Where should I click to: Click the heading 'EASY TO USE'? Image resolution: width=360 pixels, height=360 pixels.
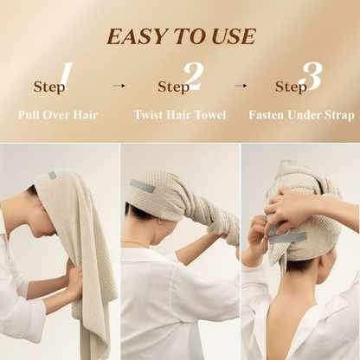[x=181, y=36]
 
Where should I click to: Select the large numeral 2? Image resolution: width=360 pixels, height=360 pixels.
[x=192, y=78]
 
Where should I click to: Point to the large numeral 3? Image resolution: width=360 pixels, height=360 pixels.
[x=309, y=78]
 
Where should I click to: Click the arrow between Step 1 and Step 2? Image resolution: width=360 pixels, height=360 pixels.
[x=119, y=86]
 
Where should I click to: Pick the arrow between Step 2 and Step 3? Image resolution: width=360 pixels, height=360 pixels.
[x=241, y=86]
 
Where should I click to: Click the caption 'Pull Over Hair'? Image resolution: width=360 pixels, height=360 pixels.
[x=58, y=114]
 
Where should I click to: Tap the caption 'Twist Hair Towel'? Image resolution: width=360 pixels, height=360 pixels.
[x=180, y=114]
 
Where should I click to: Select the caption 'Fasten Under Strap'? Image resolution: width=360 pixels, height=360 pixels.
[x=301, y=114]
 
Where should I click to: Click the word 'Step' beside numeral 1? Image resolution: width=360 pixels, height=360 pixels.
[x=48, y=87]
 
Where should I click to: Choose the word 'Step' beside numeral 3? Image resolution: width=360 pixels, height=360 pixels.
[x=291, y=87]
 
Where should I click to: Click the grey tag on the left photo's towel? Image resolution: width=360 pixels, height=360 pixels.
[x=52, y=176]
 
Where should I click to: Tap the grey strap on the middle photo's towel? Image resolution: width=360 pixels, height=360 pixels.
[x=142, y=186]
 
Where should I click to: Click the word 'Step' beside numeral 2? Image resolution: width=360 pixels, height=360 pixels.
[x=173, y=87]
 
